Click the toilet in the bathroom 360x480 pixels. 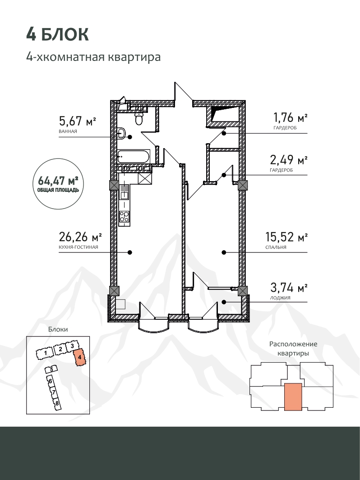click(x=139, y=118)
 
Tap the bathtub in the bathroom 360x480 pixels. click(x=134, y=157)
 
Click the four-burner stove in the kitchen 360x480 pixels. click(x=124, y=216)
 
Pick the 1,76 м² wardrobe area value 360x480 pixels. click(x=290, y=117)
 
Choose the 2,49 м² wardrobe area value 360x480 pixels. click(x=289, y=159)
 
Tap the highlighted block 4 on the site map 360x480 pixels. click(x=79, y=357)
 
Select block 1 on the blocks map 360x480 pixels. click(x=45, y=354)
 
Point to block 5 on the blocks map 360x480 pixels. click(x=51, y=369)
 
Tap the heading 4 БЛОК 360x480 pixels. click(x=57, y=34)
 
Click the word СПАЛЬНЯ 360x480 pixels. click(x=276, y=247)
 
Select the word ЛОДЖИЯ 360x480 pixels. click(x=281, y=298)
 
